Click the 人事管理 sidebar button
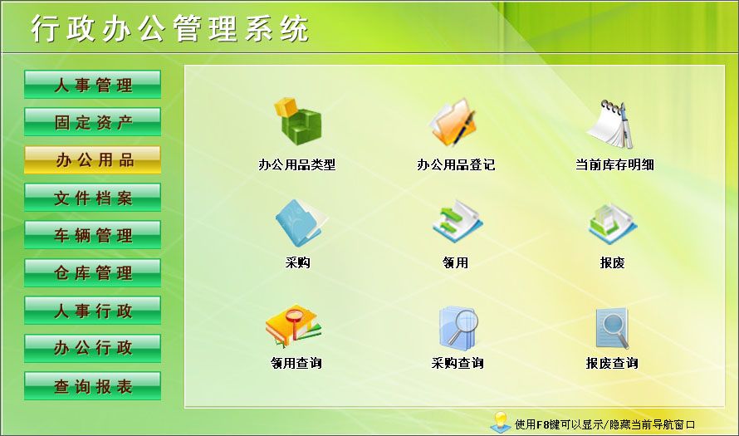[92, 85]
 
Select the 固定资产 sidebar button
[92, 122]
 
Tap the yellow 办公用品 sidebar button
[92, 159]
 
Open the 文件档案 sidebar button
[92, 198]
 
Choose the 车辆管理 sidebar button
[92, 235]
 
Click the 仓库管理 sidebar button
[92, 272]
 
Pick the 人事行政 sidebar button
[92, 311]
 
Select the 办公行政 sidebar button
[92, 348]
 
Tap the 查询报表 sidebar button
[92, 386]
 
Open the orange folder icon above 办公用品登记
[454, 123]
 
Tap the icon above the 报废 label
[613, 223]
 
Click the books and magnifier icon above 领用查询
[294, 326]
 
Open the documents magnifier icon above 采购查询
[458, 326]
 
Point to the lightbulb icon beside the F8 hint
[501, 421]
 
